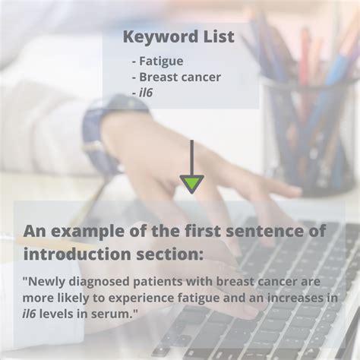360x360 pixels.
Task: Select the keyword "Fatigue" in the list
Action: pos(161,61)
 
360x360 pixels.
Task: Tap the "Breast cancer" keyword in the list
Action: pos(179,77)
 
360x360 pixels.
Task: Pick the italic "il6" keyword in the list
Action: pos(146,92)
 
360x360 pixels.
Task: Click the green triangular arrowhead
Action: pos(191,183)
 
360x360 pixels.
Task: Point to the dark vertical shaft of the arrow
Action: pos(191,156)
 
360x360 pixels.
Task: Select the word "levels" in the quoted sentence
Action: pos(62,314)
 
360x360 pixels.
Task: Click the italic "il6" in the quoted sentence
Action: pos(32,314)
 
